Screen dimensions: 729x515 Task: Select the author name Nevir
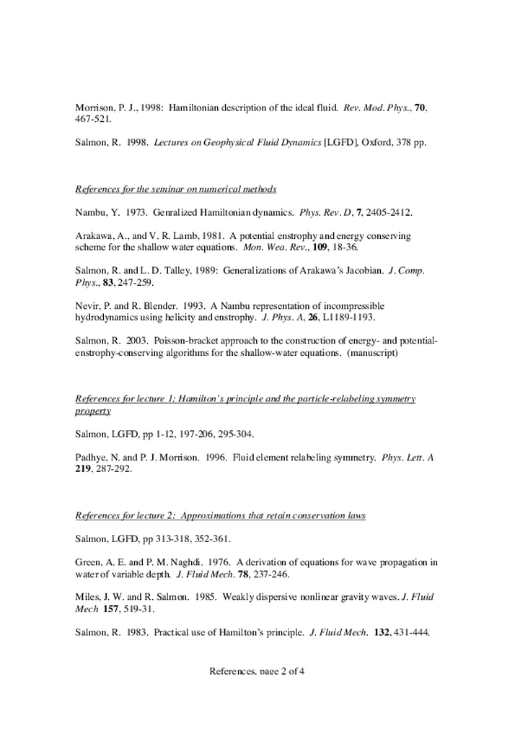pos(87,306)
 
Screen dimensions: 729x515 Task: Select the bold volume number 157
pos(110,609)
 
